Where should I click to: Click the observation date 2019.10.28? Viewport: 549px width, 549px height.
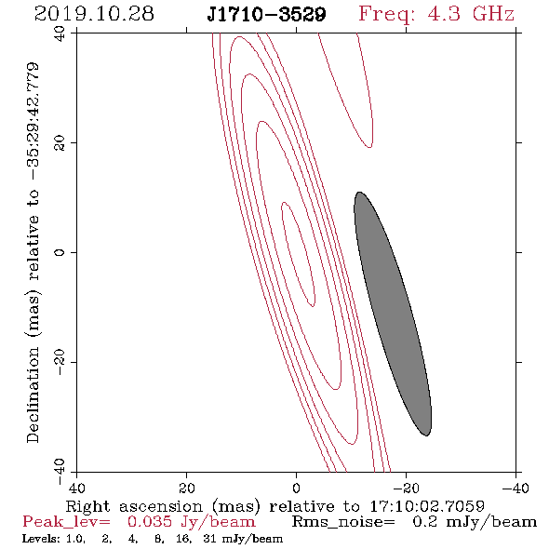(x=94, y=14)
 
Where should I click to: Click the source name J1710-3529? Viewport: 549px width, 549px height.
(x=266, y=15)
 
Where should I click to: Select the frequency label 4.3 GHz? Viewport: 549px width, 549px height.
(x=471, y=14)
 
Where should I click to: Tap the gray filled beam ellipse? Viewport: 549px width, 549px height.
(x=393, y=314)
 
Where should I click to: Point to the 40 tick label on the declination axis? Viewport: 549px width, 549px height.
(x=60, y=33)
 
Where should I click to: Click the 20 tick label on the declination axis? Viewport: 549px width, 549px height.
(x=60, y=143)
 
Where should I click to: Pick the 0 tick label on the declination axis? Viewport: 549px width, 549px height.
(x=60, y=252)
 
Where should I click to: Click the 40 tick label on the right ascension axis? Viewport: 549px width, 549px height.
(x=76, y=488)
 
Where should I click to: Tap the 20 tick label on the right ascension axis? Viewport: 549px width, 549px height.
(x=187, y=488)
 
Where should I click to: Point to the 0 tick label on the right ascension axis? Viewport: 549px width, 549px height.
(x=297, y=488)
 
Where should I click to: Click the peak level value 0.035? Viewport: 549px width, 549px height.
(x=150, y=522)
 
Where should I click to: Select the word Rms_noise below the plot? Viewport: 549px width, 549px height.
(x=343, y=522)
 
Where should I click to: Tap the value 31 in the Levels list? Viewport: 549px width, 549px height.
(x=210, y=539)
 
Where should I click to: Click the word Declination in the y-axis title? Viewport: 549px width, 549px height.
(x=33, y=395)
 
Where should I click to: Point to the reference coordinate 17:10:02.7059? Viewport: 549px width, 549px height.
(x=427, y=506)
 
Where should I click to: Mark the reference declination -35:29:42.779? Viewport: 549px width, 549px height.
(x=33, y=121)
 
